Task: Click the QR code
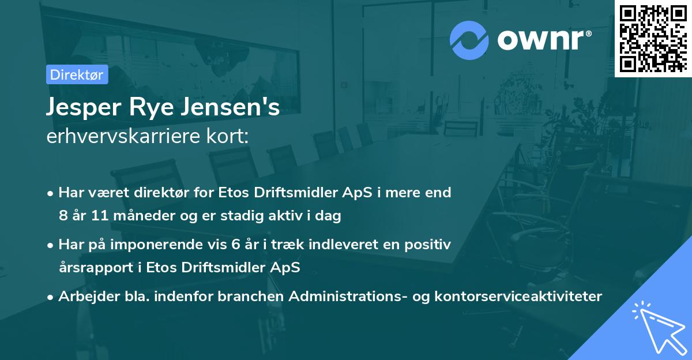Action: pyautogui.click(x=653, y=37)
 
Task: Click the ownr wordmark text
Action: pyautogui.click(x=544, y=40)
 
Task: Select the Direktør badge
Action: pyautogui.click(x=77, y=74)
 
